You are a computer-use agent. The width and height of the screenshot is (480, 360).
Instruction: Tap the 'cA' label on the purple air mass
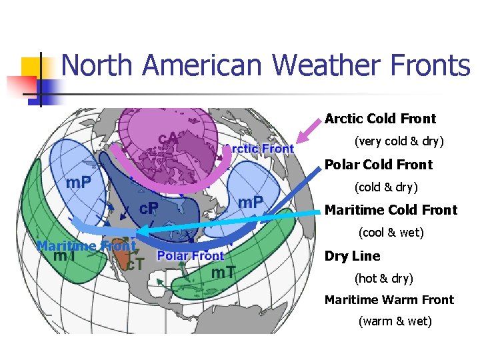(167, 138)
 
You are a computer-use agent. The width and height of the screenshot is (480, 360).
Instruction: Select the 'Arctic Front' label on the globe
(259, 149)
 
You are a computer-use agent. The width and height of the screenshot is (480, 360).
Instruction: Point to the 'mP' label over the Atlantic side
(250, 201)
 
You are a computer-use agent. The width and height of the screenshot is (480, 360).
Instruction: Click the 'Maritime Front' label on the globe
(86, 245)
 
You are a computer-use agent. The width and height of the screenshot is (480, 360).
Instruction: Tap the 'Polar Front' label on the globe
(191, 255)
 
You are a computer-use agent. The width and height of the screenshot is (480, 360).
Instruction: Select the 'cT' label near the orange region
(135, 264)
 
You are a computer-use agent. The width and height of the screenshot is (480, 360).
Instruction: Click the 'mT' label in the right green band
(222, 272)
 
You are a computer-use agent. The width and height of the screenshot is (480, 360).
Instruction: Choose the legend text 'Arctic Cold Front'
(380, 119)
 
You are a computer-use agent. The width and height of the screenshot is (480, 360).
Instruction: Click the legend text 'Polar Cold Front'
(378, 165)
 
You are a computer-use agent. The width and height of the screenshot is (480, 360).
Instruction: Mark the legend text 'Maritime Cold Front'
(391, 210)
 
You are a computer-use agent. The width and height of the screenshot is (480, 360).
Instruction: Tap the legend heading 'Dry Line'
(352, 256)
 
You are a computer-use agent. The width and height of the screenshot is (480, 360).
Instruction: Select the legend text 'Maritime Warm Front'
(389, 300)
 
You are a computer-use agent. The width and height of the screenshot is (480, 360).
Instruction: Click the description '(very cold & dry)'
(399, 142)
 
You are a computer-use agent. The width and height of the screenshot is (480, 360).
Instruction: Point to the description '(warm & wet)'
(395, 322)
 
